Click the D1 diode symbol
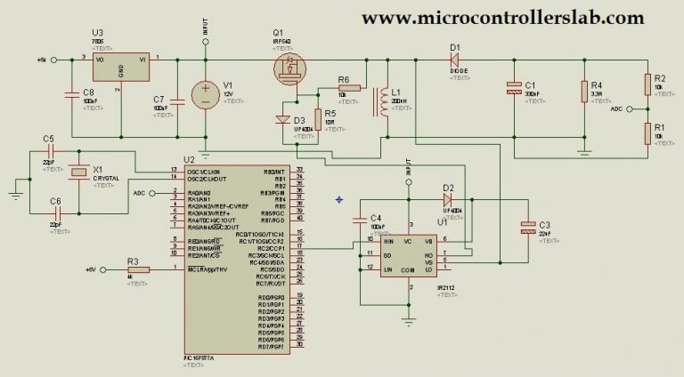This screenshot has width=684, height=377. coord(453,60)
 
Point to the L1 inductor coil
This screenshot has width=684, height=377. coord(384,102)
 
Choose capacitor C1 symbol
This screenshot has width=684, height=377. coord(514,89)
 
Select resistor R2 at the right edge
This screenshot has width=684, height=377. coord(647,84)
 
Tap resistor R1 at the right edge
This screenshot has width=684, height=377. coord(647,132)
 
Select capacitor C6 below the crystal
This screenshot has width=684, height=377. coord(55,213)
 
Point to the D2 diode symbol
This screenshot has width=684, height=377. coord(448,201)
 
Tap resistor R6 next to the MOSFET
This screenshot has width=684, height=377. coord(349,88)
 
